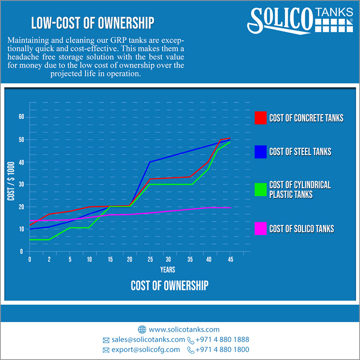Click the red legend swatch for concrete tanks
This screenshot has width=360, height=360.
tap(261, 118)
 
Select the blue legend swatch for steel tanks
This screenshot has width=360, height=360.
tap(261, 152)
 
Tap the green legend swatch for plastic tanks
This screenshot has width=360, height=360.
tap(261, 189)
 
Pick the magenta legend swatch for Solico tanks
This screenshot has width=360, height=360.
tap(261, 229)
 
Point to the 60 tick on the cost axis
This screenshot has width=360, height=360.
tap(21, 117)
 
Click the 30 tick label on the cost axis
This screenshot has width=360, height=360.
tap(21, 184)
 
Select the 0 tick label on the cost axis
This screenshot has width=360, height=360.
tap(21, 252)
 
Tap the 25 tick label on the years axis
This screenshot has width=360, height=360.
tap(150, 260)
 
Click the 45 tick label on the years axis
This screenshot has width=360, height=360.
tap(230, 260)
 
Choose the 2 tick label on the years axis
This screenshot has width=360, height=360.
tap(49, 260)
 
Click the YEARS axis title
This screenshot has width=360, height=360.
tap(167, 270)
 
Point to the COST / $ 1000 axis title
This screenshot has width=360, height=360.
tap(11, 181)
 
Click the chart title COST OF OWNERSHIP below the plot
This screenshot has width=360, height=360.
tap(170, 286)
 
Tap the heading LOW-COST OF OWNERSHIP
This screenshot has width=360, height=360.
tap(93, 23)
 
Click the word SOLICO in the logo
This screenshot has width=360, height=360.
tap(280, 21)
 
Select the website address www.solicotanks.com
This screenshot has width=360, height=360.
tap(184, 329)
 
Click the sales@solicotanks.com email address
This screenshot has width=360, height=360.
tap(148, 340)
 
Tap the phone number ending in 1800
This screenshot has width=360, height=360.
tap(222, 350)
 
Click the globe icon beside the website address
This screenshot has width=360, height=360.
tap(142, 329)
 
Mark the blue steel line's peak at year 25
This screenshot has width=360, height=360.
tap(150, 162)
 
